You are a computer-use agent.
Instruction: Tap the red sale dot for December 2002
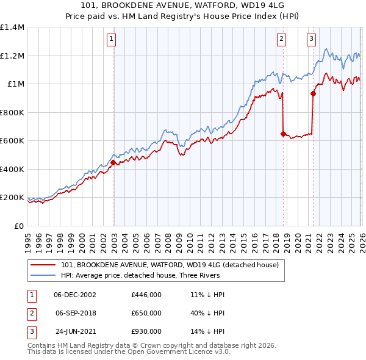(113, 163)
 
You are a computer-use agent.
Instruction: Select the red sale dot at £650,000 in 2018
(283, 134)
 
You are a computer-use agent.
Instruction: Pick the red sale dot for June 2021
(313, 94)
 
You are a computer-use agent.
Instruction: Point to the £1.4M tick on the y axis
(12, 27)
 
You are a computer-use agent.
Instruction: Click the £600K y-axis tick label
(12, 141)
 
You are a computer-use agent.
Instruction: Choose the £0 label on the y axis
(20, 226)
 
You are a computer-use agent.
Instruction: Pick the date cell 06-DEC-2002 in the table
(75, 294)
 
